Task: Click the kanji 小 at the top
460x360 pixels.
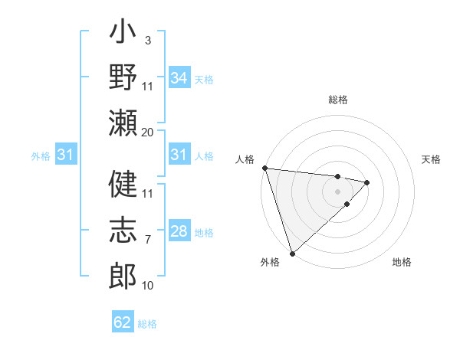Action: coord(123,35)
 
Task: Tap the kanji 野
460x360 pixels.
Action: coord(123,78)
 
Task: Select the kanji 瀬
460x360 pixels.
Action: coord(123,122)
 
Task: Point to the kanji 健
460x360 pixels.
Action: coord(123,185)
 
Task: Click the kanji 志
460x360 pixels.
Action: coord(123,229)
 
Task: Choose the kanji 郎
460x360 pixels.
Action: coord(123,273)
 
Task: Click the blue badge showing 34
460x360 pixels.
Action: coord(179,77)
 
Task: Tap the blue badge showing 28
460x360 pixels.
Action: coord(179,231)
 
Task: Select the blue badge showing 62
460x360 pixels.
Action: coord(123,322)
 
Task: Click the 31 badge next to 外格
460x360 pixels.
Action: coord(67,155)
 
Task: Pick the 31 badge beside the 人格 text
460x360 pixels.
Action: coord(179,155)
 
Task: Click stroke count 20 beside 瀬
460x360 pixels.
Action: coord(147,132)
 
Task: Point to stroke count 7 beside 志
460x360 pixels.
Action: coord(147,241)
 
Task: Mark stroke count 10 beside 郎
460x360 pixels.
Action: coord(147,285)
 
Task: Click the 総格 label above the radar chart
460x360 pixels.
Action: coord(337,100)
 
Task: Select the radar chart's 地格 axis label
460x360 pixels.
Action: coord(402,262)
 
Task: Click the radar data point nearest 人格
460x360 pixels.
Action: coord(264,168)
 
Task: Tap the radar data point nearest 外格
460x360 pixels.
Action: coord(292,253)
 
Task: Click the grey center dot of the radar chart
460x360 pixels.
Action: coord(337,191)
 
